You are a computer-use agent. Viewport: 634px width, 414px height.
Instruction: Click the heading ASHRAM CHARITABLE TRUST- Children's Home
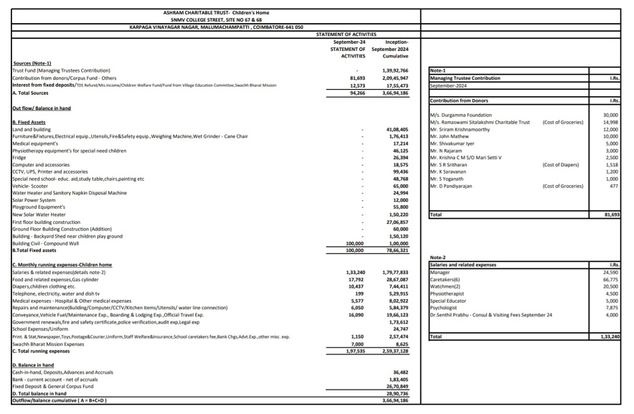pyautogui.click(x=216, y=12)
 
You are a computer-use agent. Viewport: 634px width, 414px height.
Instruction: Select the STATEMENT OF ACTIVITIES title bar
pyautogui.click(x=346, y=34)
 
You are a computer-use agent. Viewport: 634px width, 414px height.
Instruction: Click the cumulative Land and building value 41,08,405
pyautogui.click(x=397, y=128)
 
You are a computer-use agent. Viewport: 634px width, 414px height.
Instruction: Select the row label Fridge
pyautogui.click(x=19, y=157)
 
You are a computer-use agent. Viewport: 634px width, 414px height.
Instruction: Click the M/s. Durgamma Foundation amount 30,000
pyautogui.click(x=610, y=115)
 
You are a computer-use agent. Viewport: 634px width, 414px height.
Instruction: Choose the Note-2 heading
pyautogui.click(x=438, y=258)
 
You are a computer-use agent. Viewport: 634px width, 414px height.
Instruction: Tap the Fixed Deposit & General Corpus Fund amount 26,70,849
pyautogui.click(x=397, y=386)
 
